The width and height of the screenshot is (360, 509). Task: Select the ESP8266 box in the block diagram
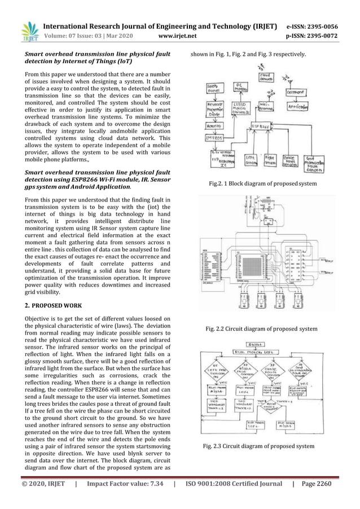pyautogui.click(x=261, y=126)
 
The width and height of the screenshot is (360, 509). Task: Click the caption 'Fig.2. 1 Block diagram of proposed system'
pyautogui.click(x=262, y=183)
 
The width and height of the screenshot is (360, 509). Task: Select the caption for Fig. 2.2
pyautogui.click(x=261, y=329)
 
